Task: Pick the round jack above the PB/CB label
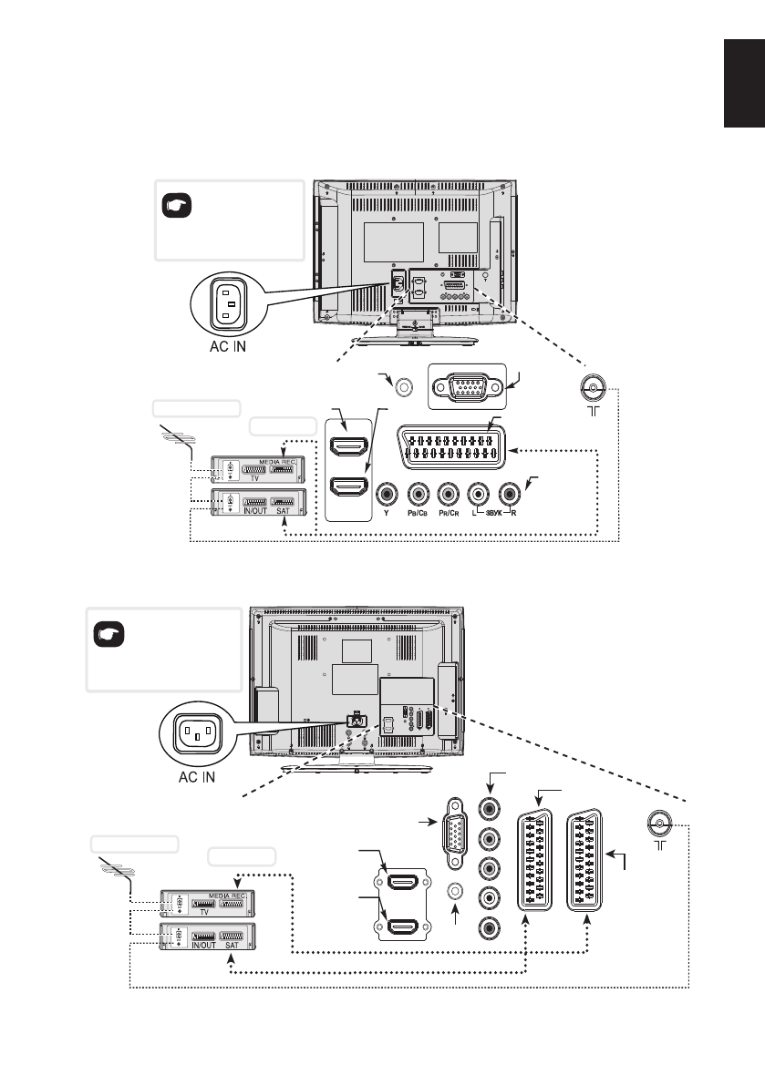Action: click(x=419, y=495)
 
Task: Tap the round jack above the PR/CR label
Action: click(x=448, y=495)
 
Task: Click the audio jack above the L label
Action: click(x=477, y=495)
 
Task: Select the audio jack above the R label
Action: click(x=506, y=495)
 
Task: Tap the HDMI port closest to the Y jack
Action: click(x=348, y=488)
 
